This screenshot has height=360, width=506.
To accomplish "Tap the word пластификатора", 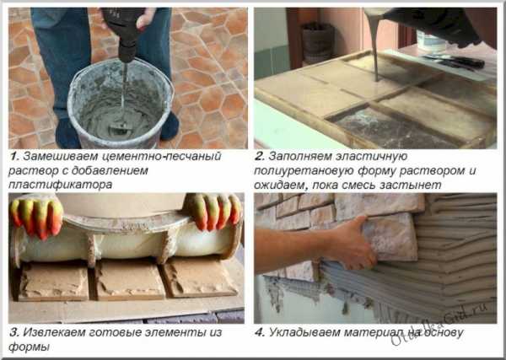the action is click(x=61, y=185).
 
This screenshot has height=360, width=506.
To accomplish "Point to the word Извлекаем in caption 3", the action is click(x=54, y=332).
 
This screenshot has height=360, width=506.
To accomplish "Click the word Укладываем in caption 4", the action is click(x=304, y=332).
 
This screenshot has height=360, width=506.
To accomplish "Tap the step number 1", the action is click(x=13, y=157).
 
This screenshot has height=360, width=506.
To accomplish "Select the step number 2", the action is click(x=260, y=157).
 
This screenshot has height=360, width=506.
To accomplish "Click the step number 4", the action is click(x=260, y=332).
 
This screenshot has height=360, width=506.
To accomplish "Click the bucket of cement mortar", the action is click(x=120, y=104).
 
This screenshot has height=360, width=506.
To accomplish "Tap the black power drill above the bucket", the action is click(x=124, y=32).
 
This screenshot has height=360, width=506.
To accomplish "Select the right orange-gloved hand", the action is click(x=213, y=212).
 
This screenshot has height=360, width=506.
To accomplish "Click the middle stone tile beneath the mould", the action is click(x=128, y=279).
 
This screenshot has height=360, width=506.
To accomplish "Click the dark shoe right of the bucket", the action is click(x=170, y=126).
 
